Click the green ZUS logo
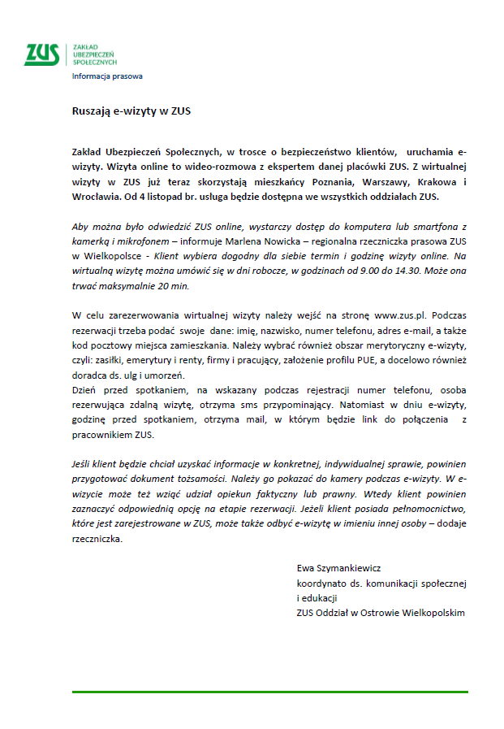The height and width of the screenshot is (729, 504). click(42, 54)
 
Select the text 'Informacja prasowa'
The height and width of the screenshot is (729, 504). click(107, 76)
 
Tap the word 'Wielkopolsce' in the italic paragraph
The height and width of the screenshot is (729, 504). click(105, 256)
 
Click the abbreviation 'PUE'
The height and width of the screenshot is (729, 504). click(358, 360)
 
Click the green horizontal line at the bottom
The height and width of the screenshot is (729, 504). click(270, 692)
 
